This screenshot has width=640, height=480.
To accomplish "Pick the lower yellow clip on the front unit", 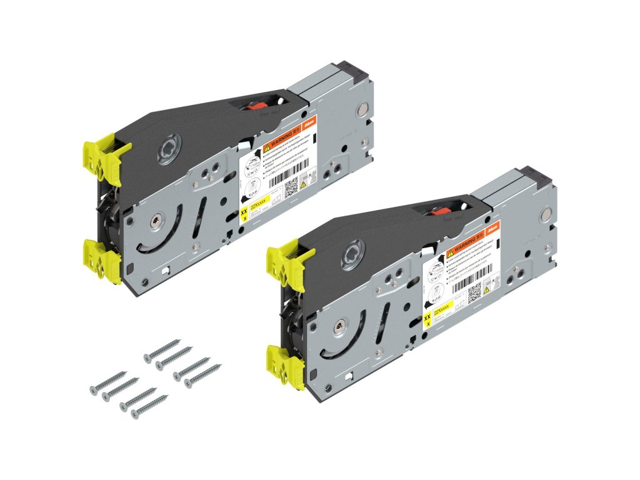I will (x=285, y=365).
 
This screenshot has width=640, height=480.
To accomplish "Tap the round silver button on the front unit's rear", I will (x=546, y=214).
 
